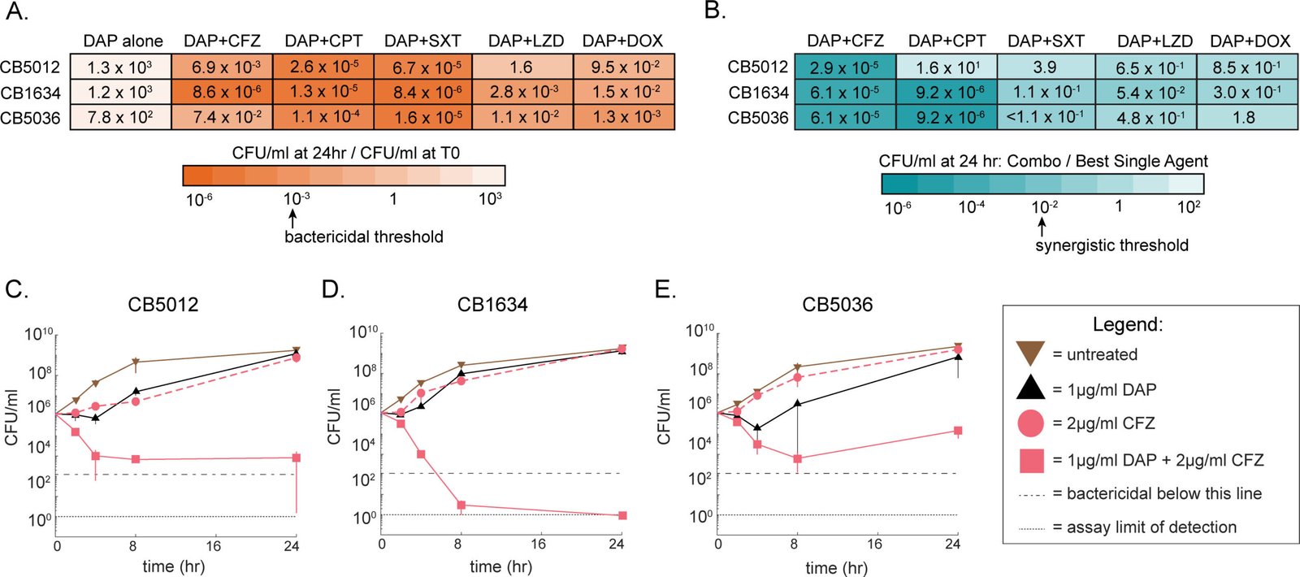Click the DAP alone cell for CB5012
tap(121, 67)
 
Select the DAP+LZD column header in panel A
tap(526, 41)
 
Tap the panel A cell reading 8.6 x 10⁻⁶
tap(223, 92)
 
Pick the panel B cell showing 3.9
tap(1045, 67)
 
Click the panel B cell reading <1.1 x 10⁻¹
tap(1045, 118)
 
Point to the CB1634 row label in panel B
tap(759, 93)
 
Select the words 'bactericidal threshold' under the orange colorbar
tap(364, 236)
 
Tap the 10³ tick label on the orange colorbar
tap(490, 199)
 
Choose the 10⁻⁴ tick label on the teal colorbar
tap(971, 206)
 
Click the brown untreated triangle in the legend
tap(1030, 354)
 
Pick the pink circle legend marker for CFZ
tap(1030, 423)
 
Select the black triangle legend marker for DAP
tap(1030, 387)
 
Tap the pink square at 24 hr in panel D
tap(622, 515)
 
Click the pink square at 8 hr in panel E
tap(797, 458)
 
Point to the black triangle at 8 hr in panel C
tap(136, 391)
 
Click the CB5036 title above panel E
tap(838, 305)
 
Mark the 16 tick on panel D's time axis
tap(538, 544)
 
